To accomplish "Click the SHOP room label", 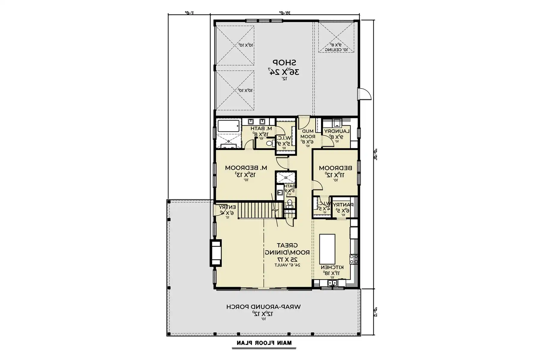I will coord(284,62).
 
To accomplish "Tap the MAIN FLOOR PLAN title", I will coord(264,343).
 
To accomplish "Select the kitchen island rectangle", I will coord(327,249).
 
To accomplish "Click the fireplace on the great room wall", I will coord(215,253).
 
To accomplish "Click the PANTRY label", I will coord(343,205).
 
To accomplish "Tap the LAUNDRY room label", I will coord(337,131).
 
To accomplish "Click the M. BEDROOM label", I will coord(246,168).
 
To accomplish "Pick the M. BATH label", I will coord(261,129).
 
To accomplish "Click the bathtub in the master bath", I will coord(229,126).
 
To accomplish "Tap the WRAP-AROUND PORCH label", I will coord(263,307).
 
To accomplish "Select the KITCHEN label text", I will coord(332,267).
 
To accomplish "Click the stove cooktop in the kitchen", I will coord(354,259).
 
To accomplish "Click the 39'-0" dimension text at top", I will coord(284,13).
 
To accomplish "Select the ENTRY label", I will coord(227,207).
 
